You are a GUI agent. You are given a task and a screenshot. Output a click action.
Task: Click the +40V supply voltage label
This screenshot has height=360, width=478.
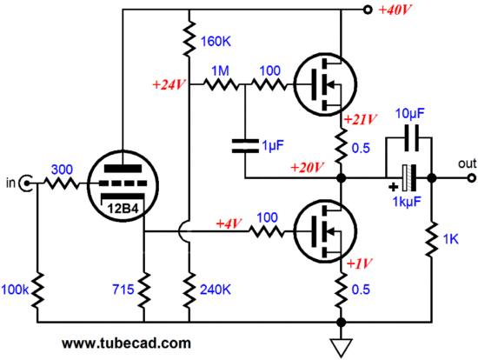click(395, 10)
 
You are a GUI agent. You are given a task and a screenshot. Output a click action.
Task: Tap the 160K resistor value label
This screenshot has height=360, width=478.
click(216, 42)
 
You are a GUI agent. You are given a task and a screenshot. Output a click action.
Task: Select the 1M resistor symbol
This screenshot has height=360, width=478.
click(221, 83)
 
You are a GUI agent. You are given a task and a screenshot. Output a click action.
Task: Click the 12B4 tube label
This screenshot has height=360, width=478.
click(123, 209)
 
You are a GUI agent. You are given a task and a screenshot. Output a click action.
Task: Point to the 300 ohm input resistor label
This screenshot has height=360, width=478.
click(62, 170)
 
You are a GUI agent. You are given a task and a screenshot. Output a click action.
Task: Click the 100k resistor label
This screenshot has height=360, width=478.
click(15, 290)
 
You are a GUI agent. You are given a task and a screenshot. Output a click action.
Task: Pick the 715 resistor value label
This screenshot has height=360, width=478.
click(123, 290)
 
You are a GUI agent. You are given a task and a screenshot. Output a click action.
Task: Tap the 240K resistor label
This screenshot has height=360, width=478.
click(216, 290)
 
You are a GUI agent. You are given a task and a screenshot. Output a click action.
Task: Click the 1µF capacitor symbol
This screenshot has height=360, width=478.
click(245, 146)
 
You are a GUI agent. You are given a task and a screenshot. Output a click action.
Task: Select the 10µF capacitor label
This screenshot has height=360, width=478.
click(409, 114)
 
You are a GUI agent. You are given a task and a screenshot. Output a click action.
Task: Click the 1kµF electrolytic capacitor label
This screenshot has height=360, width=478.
click(407, 202)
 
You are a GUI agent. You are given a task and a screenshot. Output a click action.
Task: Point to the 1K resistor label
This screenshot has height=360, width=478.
click(450, 239)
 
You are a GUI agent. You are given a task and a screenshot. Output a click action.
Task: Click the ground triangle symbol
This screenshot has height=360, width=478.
click(342, 348)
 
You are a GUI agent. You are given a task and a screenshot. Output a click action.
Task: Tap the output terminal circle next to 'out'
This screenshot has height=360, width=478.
click(472, 178)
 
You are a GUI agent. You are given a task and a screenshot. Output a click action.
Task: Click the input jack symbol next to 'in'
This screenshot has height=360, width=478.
click(25, 183)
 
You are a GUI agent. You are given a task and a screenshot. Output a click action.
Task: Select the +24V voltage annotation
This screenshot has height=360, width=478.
click(169, 85)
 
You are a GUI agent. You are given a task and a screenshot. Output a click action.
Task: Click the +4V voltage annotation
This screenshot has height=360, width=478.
click(229, 223)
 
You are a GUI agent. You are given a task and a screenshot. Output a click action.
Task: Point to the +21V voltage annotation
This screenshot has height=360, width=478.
click(361, 119)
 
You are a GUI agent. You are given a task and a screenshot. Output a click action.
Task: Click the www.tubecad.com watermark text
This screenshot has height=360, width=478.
click(126, 343)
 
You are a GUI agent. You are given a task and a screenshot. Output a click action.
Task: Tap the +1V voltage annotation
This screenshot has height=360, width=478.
click(360, 263)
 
